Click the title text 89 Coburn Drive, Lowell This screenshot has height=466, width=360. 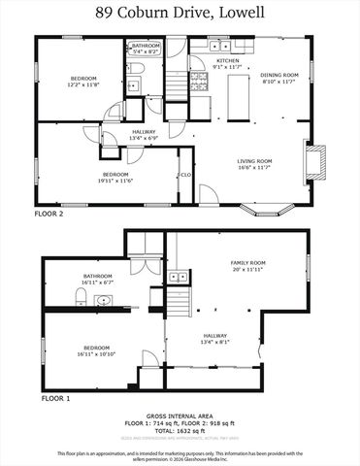click(180, 14)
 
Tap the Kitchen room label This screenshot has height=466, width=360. click(228, 60)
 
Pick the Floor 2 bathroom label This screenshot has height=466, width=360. click(147, 46)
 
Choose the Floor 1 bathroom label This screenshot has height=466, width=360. click(99, 277)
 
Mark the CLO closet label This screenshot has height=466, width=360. click(184, 175)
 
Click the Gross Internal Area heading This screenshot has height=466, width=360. click(180, 413)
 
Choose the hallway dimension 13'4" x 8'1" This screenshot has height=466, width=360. click(214, 342)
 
